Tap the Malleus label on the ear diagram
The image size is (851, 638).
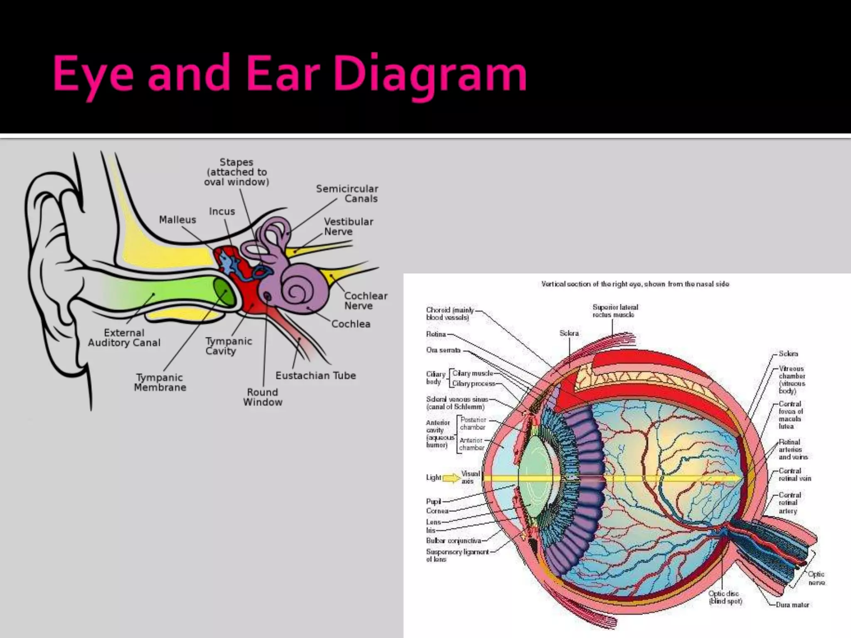(x=177, y=220)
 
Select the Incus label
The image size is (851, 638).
(x=222, y=211)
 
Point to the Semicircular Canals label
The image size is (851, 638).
(x=347, y=194)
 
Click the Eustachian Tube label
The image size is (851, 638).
(x=315, y=375)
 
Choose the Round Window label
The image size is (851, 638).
(x=263, y=397)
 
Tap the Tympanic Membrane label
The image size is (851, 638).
(x=160, y=383)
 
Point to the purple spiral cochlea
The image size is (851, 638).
(x=297, y=291)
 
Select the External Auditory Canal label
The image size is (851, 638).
(x=124, y=338)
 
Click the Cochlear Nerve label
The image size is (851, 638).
(x=365, y=301)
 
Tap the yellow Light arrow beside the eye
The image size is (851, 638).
(x=451, y=478)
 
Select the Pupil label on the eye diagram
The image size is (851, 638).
(x=433, y=501)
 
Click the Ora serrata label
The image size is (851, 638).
(x=443, y=350)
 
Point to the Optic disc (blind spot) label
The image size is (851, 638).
(x=725, y=597)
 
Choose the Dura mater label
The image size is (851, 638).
(x=792, y=605)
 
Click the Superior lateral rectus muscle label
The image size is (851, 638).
(x=615, y=311)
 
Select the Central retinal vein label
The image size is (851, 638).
(x=794, y=474)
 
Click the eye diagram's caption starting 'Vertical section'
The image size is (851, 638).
(x=635, y=284)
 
